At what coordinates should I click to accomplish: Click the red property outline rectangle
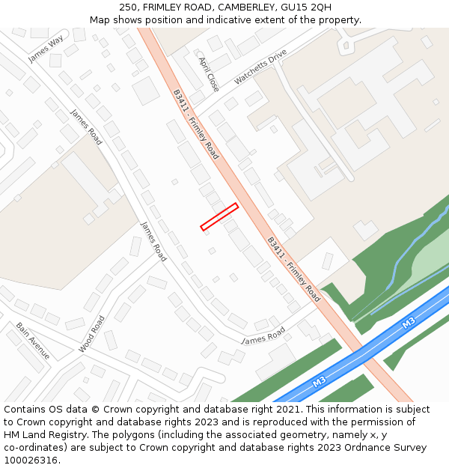tap(219, 217)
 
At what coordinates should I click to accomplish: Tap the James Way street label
tap(45, 49)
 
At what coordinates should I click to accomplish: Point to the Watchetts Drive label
tap(260, 67)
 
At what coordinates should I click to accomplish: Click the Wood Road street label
tap(91, 334)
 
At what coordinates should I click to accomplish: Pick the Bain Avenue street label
tap(33, 341)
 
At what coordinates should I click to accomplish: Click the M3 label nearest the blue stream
tap(408, 323)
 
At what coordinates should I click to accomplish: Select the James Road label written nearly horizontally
tap(263, 335)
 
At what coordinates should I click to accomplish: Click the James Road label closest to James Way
tap(86, 127)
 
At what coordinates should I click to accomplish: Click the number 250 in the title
tap(129, 7)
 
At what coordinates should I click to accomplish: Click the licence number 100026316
tap(31, 460)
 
